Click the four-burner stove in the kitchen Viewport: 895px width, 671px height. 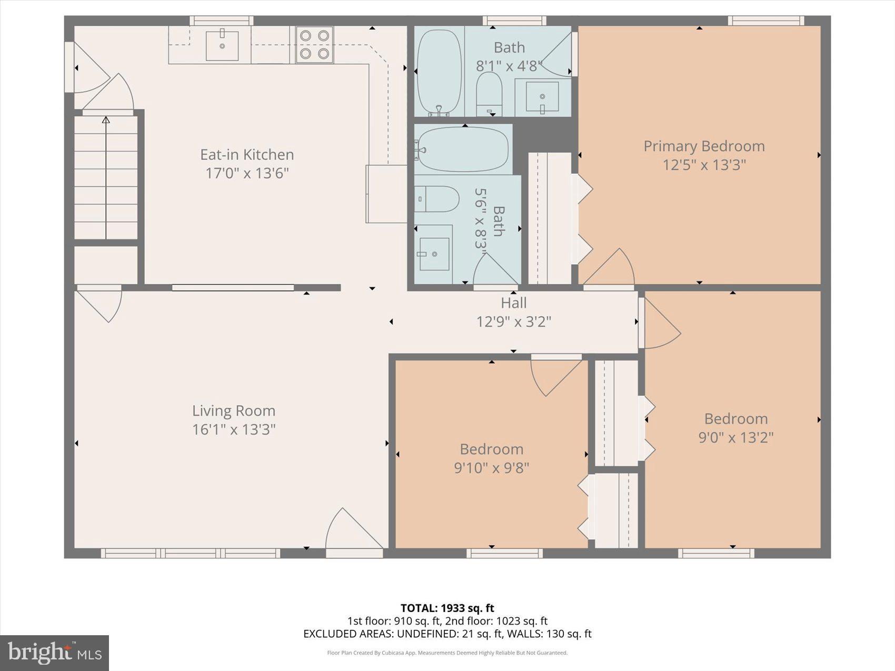tap(314, 45)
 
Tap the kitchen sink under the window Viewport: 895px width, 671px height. tap(222, 45)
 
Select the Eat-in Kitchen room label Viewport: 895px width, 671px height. tap(247, 155)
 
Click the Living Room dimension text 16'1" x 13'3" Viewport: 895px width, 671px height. tap(234, 429)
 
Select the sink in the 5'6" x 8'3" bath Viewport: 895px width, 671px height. tap(434, 254)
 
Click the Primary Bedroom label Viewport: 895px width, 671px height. tap(704, 146)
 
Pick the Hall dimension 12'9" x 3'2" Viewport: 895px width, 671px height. tap(513, 321)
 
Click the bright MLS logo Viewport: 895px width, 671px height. tap(54, 653)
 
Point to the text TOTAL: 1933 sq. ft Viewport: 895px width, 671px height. tap(447, 609)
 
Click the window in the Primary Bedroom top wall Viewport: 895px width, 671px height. tap(765, 21)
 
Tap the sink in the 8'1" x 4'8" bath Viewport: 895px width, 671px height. tap(542, 96)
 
